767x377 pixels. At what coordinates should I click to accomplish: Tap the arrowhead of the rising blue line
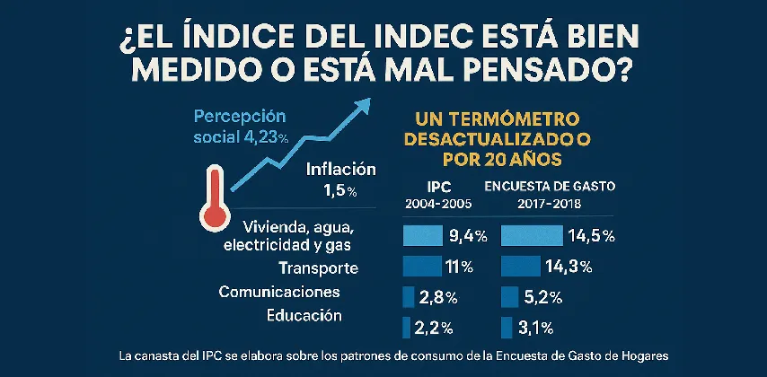point(363,106)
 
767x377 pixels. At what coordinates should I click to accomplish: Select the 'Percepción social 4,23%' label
point(241,127)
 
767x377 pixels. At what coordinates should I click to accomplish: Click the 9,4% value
point(467,236)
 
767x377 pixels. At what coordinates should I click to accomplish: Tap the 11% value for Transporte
point(460,267)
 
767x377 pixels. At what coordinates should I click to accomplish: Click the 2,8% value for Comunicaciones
point(437,297)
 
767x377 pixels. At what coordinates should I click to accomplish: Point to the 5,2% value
point(542,297)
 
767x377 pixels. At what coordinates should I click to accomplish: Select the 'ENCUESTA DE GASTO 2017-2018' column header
point(551,195)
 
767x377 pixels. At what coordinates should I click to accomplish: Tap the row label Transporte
point(319,268)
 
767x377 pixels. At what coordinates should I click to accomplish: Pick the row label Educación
point(304,315)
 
